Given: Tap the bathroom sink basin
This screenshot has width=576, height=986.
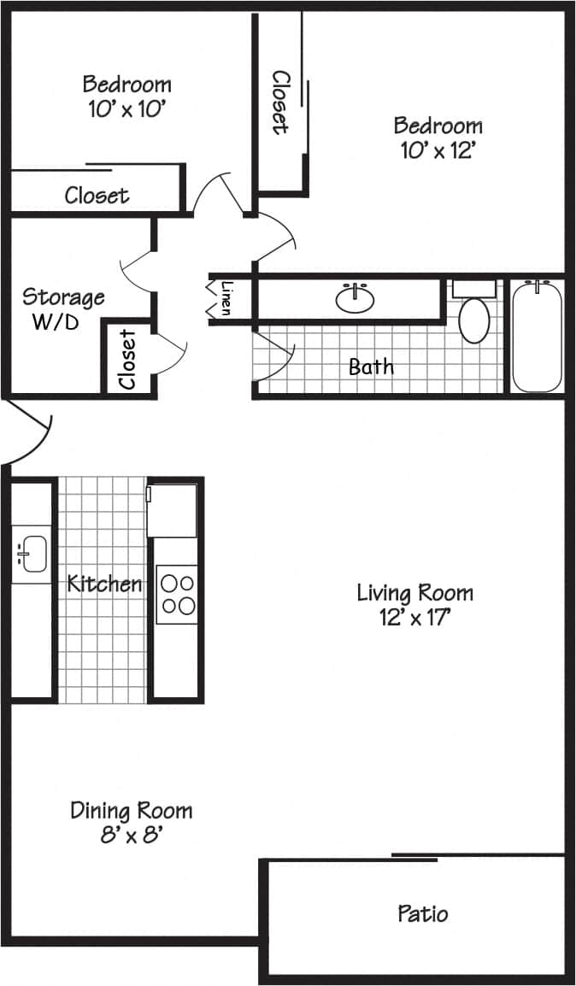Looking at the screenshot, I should coord(355,299).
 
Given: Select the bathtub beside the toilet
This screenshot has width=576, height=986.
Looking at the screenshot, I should coord(537,335).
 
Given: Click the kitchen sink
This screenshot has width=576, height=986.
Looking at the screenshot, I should coord(32,554).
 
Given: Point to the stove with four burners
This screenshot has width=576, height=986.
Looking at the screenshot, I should coord(177,595).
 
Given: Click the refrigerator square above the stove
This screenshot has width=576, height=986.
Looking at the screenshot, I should coord(173,511).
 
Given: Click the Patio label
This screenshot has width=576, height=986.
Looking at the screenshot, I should coord(422,913).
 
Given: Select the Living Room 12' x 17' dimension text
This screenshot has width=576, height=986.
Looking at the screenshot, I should coord(414,617).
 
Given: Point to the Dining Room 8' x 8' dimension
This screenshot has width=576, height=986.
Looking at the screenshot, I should coord(132,835).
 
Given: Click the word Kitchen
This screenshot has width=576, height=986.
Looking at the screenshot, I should coord(104,584).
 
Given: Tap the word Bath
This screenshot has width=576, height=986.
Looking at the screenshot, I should coord(372,367).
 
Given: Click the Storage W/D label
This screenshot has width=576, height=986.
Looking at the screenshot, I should coord(63,309).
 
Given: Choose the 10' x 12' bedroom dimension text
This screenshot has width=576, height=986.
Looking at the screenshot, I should coord(438,150).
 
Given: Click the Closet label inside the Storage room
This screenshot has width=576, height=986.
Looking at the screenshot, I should coord(128,359).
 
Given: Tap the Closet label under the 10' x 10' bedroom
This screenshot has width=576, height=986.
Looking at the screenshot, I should coord(97,196).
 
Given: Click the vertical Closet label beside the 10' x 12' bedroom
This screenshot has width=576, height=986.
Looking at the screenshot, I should coord(279,102).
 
